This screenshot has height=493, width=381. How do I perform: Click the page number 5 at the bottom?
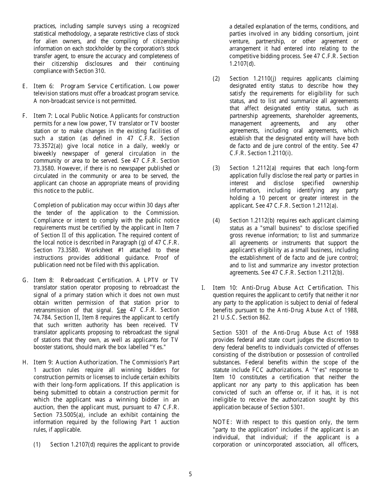pyautogui.click(x=190, y=474)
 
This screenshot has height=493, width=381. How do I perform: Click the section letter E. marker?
pyautogui.click(x=25, y=86)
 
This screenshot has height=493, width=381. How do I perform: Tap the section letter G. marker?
pyautogui.click(x=25, y=280)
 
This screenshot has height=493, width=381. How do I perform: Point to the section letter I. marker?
pyautogui.click(x=203, y=288)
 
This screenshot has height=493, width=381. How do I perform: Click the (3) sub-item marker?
pyautogui.click(x=217, y=168)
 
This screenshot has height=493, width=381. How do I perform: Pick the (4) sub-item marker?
pyautogui.click(x=217, y=220)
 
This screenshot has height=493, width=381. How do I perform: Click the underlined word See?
pyautogui.click(x=122, y=310)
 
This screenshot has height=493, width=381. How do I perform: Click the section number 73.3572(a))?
pyautogui.click(x=50, y=146)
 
